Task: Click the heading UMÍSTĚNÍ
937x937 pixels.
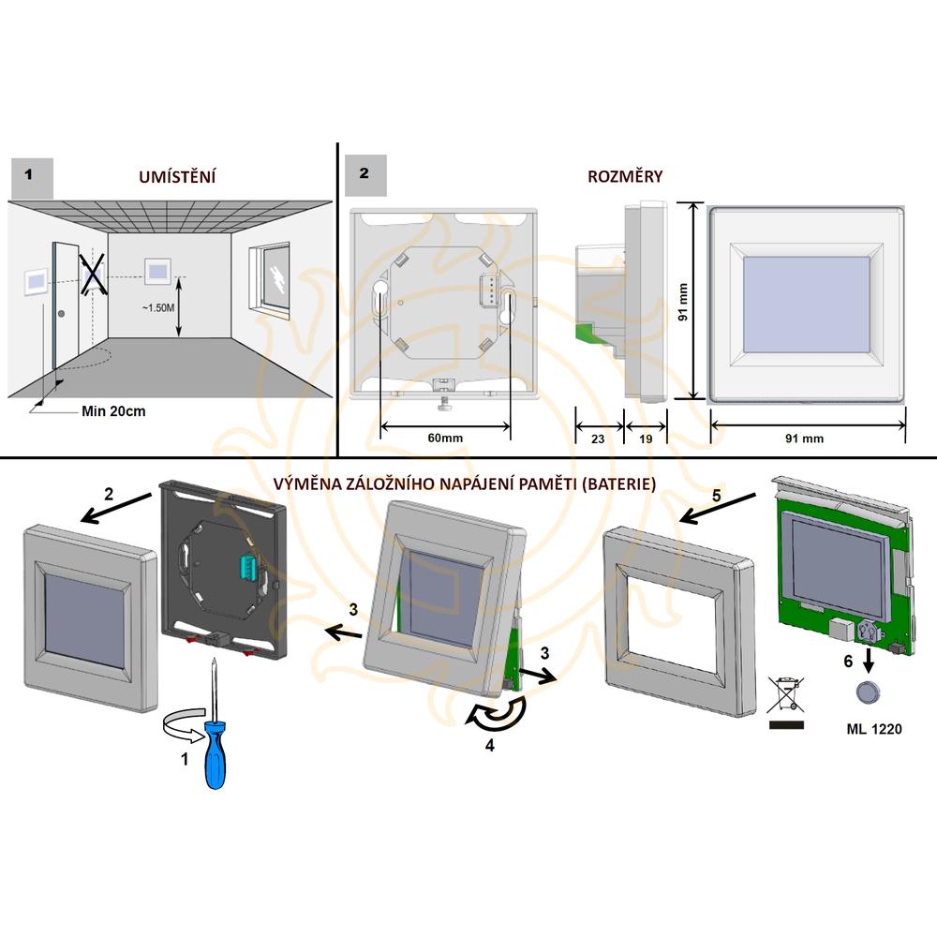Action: (x=177, y=176)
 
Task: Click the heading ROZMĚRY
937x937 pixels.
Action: (x=625, y=176)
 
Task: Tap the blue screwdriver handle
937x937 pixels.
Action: (x=215, y=754)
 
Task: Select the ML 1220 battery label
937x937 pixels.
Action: (x=873, y=729)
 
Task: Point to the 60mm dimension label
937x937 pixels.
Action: (x=445, y=438)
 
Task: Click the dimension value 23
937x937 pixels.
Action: (x=598, y=439)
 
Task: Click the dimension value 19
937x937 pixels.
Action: (x=646, y=439)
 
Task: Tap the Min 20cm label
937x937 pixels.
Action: (x=113, y=411)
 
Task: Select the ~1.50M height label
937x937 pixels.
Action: (x=158, y=307)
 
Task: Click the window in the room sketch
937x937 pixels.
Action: (x=270, y=278)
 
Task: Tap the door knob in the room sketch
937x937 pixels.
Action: (x=61, y=314)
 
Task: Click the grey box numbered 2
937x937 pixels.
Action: (x=364, y=175)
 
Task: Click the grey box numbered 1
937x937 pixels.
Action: (x=32, y=178)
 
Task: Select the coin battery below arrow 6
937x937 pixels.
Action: (x=867, y=692)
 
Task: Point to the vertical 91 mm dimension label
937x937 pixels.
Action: (x=683, y=302)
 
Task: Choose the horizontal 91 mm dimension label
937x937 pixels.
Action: (x=804, y=439)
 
